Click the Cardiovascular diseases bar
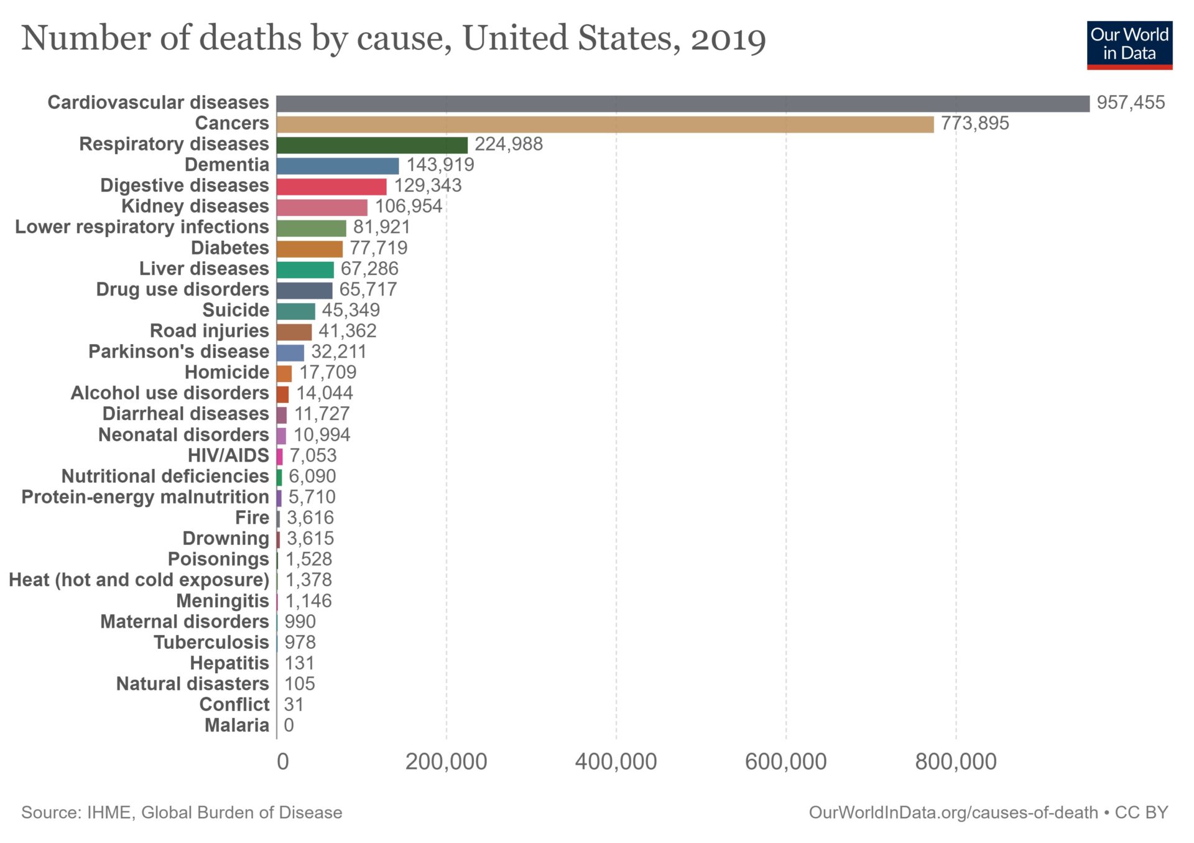pos(683,103)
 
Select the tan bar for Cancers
pos(604,124)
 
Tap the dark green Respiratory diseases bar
pos(372,145)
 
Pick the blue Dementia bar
pos(338,165)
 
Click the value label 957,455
pos(1131,103)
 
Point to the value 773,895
pos(974,123)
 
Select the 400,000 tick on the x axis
pos(616,761)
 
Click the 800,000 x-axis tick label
pos(955,761)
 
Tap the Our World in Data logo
pos(1129,45)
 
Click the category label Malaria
pos(237,725)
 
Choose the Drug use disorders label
pos(182,289)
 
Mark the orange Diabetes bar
pos(309,249)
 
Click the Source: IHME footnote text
pos(182,813)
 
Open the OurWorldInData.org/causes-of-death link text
pos(953,813)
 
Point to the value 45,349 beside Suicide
pos(351,310)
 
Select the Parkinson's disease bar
pos(290,353)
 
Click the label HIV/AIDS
pos(228,455)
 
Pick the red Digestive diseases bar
pos(331,187)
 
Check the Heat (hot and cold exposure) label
pos(139,580)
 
